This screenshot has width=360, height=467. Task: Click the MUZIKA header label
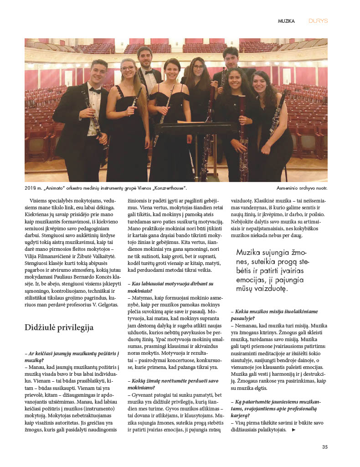tap(286, 21)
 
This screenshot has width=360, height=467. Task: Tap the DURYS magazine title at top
tap(318, 21)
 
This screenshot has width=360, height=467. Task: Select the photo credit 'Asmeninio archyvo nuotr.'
tap(302, 188)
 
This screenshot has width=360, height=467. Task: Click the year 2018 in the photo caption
tap(31, 188)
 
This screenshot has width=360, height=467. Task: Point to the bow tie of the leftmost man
tap(95, 90)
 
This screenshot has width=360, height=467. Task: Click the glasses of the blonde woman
tap(128, 69)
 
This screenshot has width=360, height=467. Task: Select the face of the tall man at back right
tap(231, 58)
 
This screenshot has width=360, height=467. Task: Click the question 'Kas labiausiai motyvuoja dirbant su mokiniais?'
tap(166, 287)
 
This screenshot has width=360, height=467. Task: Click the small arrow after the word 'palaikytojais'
tap(293, 430)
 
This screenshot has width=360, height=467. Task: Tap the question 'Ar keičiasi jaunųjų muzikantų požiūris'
tap(73, 357)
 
